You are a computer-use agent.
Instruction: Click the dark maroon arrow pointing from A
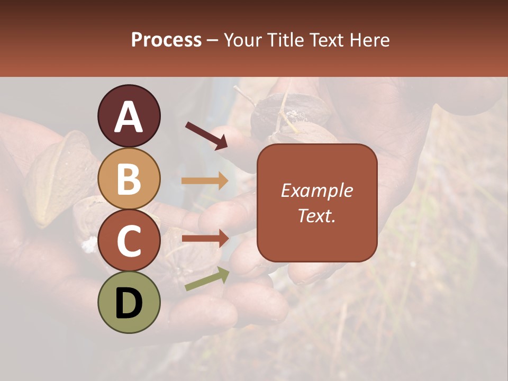coord(206,135)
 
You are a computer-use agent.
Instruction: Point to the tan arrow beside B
coord(204,181)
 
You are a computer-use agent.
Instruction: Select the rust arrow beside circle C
coord(204,239)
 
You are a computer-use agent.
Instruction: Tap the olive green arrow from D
coord(207,279)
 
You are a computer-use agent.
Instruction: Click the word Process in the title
coord(166,40)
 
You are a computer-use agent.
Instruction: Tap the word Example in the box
coord(316,190)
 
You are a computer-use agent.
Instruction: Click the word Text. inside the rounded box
coord(316,215)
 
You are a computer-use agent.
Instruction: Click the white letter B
coord(129,179)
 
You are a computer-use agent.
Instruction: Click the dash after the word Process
coord(213,41)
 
